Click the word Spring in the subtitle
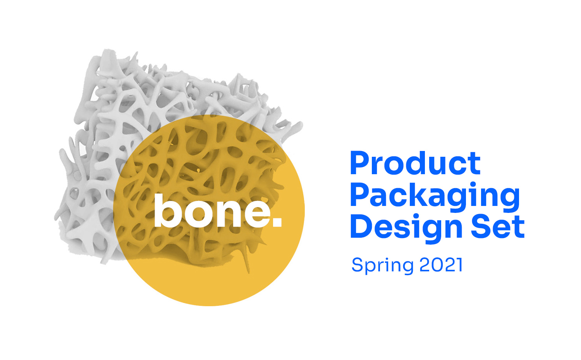coord(382,266)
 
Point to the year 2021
coord(441,265)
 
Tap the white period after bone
coord(278,223)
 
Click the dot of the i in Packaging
coord(473,185)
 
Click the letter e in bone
coord(257,214)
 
